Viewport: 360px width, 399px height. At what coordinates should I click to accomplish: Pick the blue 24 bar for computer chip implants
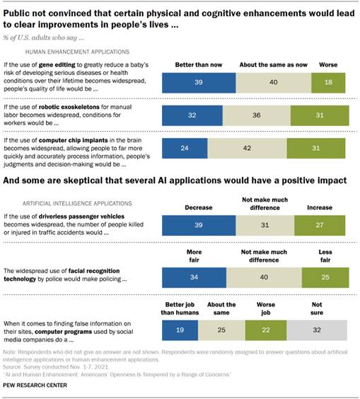pos(185,149)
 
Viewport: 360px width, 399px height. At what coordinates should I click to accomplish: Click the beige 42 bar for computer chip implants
pos(247,149)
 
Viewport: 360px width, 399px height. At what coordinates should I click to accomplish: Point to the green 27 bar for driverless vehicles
pos(326,226)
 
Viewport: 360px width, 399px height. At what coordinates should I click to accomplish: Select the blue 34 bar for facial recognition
pos(194,277)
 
